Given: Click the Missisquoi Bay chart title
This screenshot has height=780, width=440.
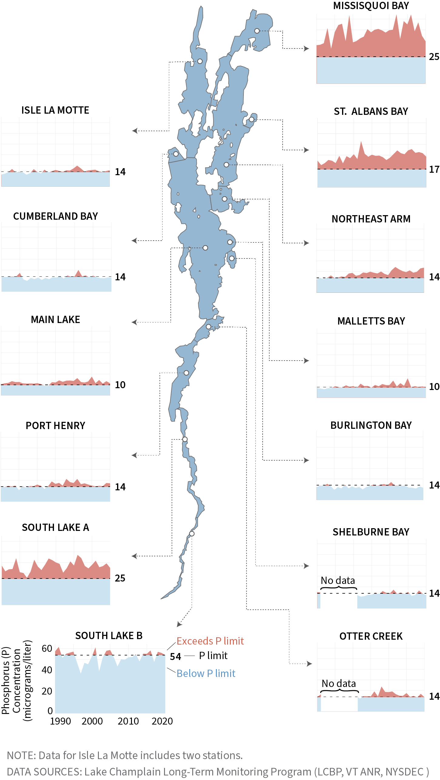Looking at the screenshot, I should pos(371,6).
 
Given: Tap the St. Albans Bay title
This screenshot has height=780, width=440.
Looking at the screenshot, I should pos(371,112).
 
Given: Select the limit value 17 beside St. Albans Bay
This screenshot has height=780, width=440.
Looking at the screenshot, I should pos(434,169).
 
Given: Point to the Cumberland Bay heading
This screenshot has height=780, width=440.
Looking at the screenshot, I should pos(55,216).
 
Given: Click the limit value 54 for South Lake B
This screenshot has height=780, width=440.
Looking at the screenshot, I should pos(175,656).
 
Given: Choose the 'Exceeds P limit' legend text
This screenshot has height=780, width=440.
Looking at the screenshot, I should pos(210,641).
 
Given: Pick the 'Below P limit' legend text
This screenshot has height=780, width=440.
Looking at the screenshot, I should pos(206,673).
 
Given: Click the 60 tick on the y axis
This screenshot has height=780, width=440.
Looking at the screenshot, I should pos(47,648).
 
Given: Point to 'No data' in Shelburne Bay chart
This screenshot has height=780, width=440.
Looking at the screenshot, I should pos(338,580).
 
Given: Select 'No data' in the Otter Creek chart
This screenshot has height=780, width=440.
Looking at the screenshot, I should pos(339,683).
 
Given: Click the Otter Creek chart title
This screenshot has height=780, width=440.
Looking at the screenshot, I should pos(371,636).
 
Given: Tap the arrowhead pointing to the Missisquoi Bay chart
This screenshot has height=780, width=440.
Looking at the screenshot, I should pos(307,48).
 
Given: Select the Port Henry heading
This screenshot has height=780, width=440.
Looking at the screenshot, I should pos(55,425).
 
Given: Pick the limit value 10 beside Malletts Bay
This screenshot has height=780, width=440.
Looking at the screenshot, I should pos(434,387).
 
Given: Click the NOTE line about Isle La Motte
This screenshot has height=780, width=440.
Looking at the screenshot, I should pos(125,755).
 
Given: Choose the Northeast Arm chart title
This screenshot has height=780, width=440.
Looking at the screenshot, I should pos(371,219).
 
